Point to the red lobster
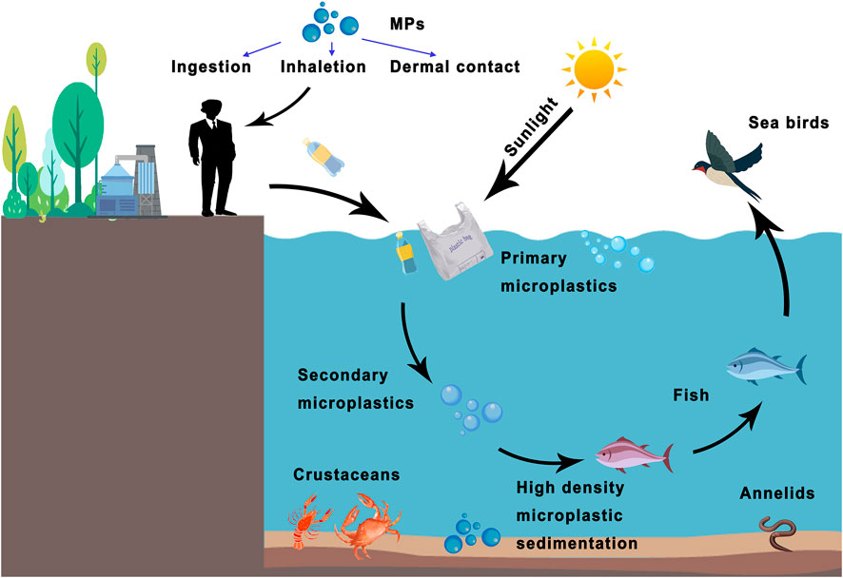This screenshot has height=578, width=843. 308,522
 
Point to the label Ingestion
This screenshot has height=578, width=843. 211,67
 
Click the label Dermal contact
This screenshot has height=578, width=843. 455,67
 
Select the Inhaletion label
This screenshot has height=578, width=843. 323,67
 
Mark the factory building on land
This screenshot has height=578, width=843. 128,183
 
